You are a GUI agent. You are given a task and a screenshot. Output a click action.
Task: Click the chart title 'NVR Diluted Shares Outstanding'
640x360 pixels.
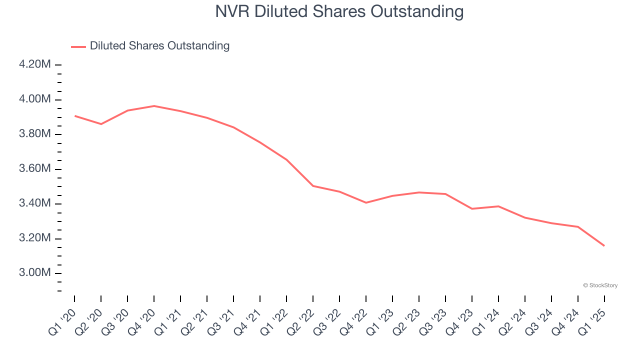coord(339,11)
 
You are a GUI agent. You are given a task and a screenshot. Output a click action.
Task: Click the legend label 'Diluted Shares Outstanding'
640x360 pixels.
coord(159,46)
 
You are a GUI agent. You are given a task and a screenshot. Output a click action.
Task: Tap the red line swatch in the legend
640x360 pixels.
coord(78,46)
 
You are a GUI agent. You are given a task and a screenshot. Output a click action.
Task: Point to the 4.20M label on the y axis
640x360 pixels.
coord(34,64)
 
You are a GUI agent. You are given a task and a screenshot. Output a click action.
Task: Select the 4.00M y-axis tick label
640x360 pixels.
coord(34,99)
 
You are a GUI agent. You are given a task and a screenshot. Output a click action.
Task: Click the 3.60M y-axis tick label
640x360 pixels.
coord(34,169)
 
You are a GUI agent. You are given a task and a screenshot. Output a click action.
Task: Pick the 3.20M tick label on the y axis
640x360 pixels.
coord(34,238)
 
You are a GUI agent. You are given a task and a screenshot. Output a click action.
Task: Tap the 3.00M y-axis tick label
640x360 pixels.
coord(34,273)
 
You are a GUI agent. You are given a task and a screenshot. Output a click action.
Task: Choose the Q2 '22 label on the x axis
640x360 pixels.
coord(302,321)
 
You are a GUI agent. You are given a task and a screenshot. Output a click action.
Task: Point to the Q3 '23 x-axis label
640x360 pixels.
coord(434,321)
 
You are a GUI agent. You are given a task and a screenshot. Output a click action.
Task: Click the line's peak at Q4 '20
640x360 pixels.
coord(154,106)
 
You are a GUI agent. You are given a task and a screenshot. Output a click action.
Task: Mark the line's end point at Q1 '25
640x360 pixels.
coord(604,245)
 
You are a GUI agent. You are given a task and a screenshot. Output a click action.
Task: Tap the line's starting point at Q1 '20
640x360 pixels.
coord(74,116)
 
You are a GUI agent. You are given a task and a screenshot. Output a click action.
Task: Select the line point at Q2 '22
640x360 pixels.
coord(313,186)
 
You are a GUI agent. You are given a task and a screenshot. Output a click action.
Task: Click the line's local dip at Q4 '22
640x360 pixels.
coord(366,202)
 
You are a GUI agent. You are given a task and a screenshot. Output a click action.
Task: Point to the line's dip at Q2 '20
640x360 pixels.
coord(101,124)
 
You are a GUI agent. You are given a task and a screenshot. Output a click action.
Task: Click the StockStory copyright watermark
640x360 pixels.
coord(600,285)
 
